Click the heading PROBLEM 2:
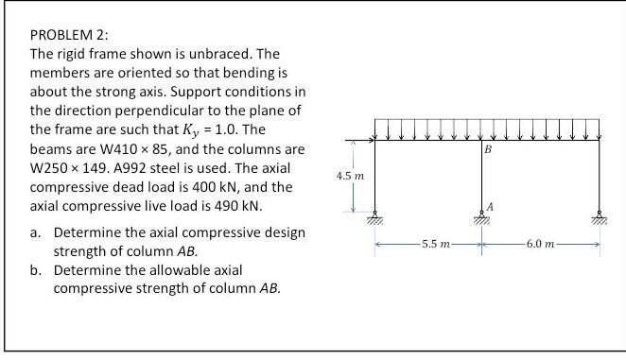click(58, 35)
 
